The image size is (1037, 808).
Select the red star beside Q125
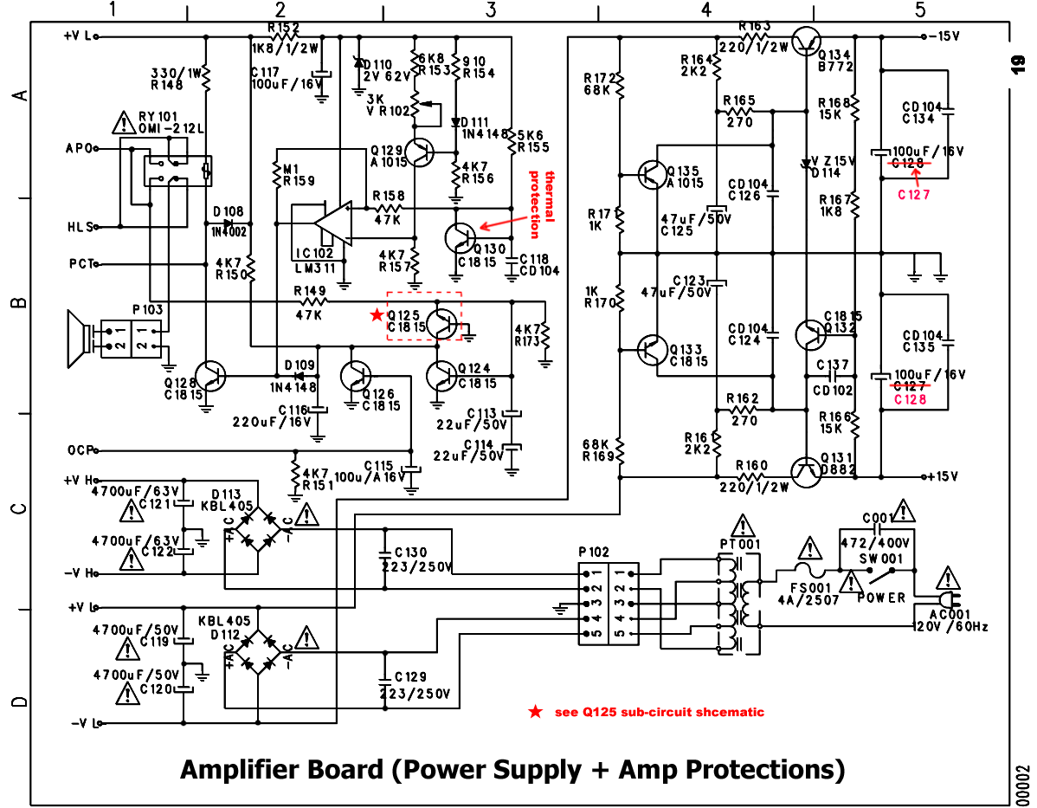coord(376,315)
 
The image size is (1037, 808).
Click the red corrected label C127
coord(913,195)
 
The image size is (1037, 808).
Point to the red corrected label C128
coord(910,399)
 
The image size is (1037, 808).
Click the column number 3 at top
coord(491,10)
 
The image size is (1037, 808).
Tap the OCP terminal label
coord(79,450)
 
